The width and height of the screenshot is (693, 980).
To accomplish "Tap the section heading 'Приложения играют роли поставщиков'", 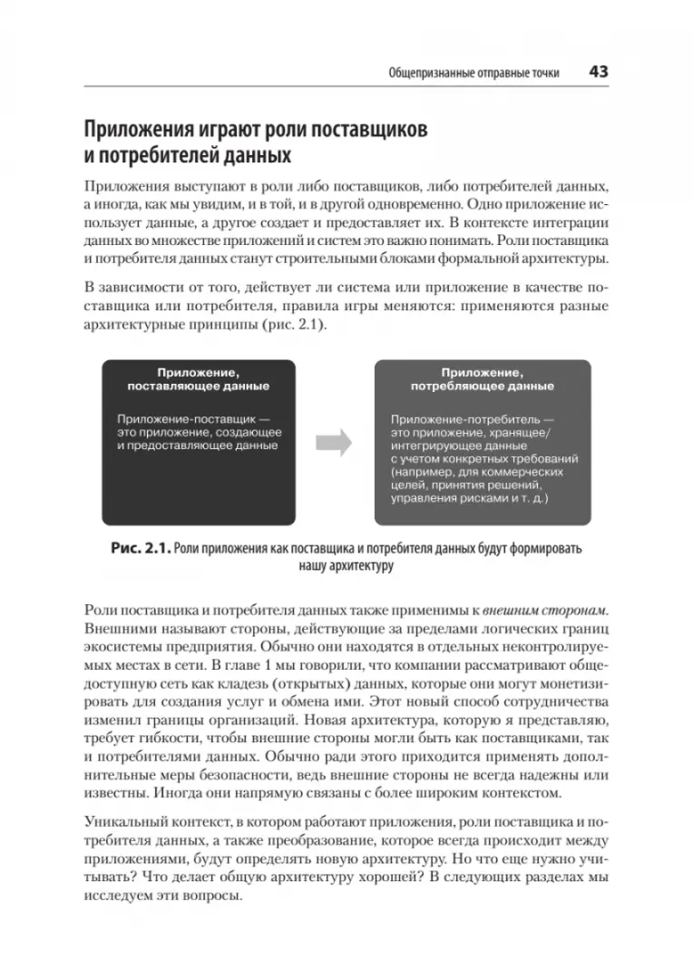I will [x=256, y=128].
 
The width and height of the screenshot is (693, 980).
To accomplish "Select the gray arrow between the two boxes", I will [x=334, y=442].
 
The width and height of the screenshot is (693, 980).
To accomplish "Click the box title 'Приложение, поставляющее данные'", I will [x=198, y=378].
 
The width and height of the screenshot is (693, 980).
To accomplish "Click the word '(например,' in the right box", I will [x=423, y=472].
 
